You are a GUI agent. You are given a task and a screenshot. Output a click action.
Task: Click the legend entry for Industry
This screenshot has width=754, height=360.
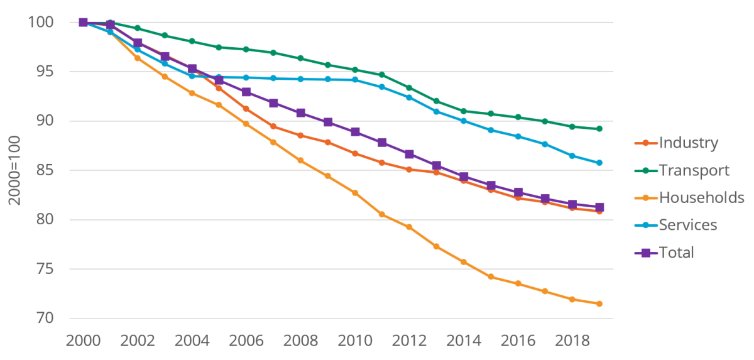click(x=687, y=143)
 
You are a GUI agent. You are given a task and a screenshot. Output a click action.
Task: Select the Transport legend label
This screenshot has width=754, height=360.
click(x=694, y=170)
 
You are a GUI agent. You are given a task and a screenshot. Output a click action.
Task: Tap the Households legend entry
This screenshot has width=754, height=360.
click(x=701, y=197)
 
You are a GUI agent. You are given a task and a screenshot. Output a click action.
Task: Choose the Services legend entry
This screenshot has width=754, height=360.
click(x=687, y=225)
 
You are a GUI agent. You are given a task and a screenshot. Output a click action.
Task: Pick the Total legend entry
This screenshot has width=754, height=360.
click(x=676, y=253)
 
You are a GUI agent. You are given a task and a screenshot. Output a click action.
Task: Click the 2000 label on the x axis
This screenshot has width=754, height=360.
click(x=83, y=342)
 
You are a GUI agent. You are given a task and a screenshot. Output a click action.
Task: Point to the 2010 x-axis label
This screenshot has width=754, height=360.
click(x=355, y=342)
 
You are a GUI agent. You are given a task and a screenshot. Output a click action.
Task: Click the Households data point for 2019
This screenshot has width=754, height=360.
click(x=599, y=304)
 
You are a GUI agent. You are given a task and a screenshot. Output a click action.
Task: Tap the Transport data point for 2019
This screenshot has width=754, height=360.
click(x=599, y=129)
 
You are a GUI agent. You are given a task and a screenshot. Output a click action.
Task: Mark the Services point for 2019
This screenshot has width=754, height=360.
click(x=599, y=163)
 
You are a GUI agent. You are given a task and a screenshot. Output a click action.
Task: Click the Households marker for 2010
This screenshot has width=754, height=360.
click(x=355, y=193)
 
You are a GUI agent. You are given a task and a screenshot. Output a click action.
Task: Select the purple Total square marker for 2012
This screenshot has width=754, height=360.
click(x=409, y=154)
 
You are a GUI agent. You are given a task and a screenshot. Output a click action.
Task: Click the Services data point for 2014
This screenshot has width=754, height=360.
click(x=464, y=121)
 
